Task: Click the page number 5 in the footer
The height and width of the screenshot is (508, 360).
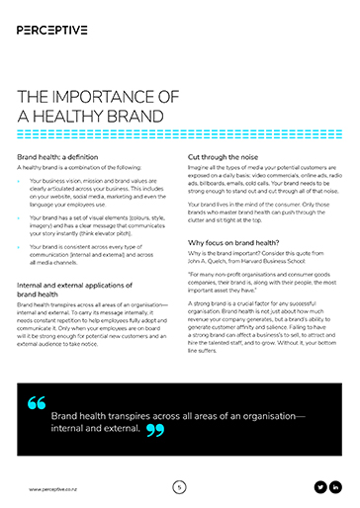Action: click(179, 487)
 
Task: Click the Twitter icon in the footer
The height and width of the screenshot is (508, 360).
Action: click(319, 487)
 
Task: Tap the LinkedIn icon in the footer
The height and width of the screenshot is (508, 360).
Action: click(336, 487)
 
